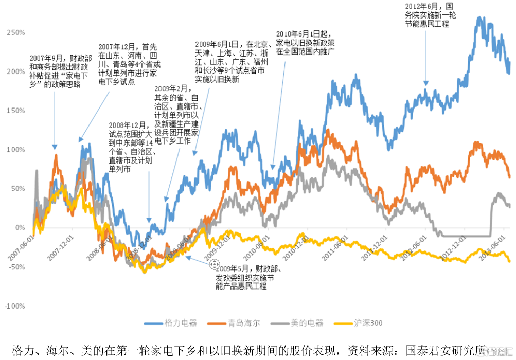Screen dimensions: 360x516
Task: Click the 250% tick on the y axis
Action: click(x=16, y=32)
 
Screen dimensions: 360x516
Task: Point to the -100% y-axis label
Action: click(x=15, y=306)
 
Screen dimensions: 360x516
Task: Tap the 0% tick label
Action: click(x=20, y=228)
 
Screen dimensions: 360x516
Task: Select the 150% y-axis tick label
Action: click(x=16, y=111)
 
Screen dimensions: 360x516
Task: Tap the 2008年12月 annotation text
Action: click(x=132, y=147)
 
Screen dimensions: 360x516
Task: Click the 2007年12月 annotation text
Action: click(x=129, y=64)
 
